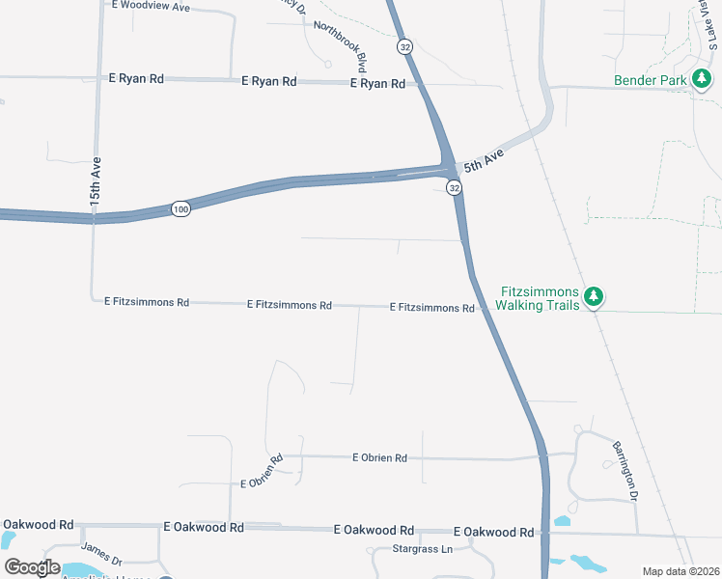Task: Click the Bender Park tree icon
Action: (702, 80)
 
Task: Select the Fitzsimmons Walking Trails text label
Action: (539, 298)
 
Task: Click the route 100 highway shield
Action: (180, 208)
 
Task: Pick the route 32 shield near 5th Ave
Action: (454, 188)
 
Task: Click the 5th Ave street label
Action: (484, 161)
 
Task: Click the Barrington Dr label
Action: (625, 471)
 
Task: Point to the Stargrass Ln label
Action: (423, 549)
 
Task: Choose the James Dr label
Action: (101, 554)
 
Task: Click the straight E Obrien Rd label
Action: (379, 457)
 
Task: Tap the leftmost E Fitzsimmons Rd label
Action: (147, 302)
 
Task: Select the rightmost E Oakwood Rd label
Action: (493, 532)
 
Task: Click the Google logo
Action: (32, 566)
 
